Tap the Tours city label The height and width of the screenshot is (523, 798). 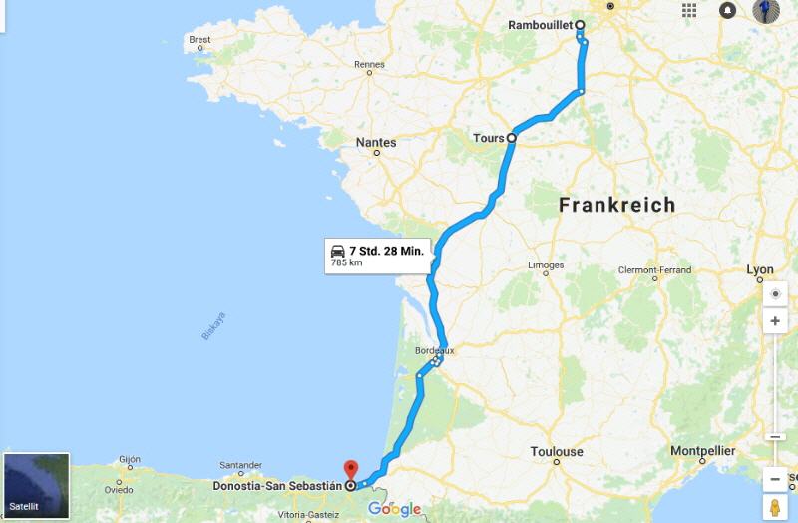[488, 138]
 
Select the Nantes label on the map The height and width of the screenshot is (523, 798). [376, 143]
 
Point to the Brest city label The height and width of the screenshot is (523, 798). [199, 40]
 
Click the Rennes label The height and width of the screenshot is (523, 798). [369, 65]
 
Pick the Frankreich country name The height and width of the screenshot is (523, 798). [616, 205]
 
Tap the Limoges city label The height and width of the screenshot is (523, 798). [546, 265]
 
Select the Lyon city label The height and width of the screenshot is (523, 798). [760, 270]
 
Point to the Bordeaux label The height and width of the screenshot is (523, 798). [434, 350]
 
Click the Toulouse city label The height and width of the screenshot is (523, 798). [557, 452]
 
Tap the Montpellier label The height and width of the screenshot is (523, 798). [703, 451]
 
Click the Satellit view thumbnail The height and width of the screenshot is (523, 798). [37, 486]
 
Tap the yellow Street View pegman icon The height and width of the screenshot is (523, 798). [774, 507]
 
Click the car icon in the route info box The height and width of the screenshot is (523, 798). [338, 251]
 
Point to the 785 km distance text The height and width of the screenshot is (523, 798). [347, 263]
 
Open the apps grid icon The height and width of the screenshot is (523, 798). [689, 10]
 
